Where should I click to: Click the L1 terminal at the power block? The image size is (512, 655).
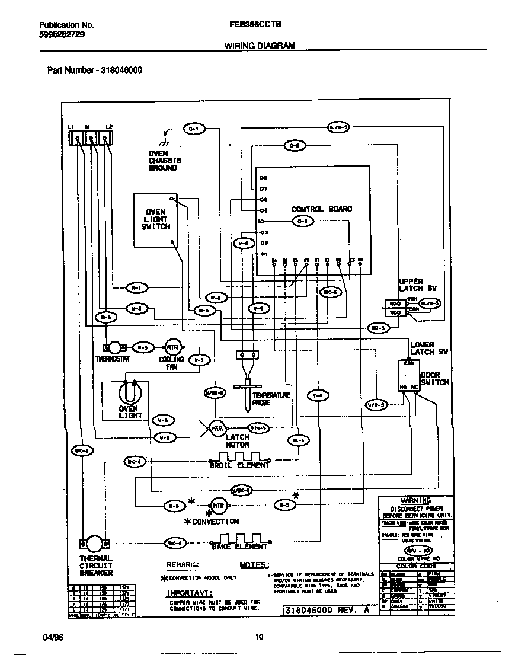coord(78,139)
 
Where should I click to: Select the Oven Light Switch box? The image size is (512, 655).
coord(155,220)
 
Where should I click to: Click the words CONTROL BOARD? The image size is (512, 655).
coord(322,209)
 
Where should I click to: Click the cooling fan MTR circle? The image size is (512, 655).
coord(172,348)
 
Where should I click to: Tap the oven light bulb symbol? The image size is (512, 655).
coord(128,392)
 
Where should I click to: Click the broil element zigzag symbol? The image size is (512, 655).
coord(239,458)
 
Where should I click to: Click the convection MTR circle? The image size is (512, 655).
coord(219,506)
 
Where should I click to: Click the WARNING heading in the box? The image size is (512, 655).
coord(416,500)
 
